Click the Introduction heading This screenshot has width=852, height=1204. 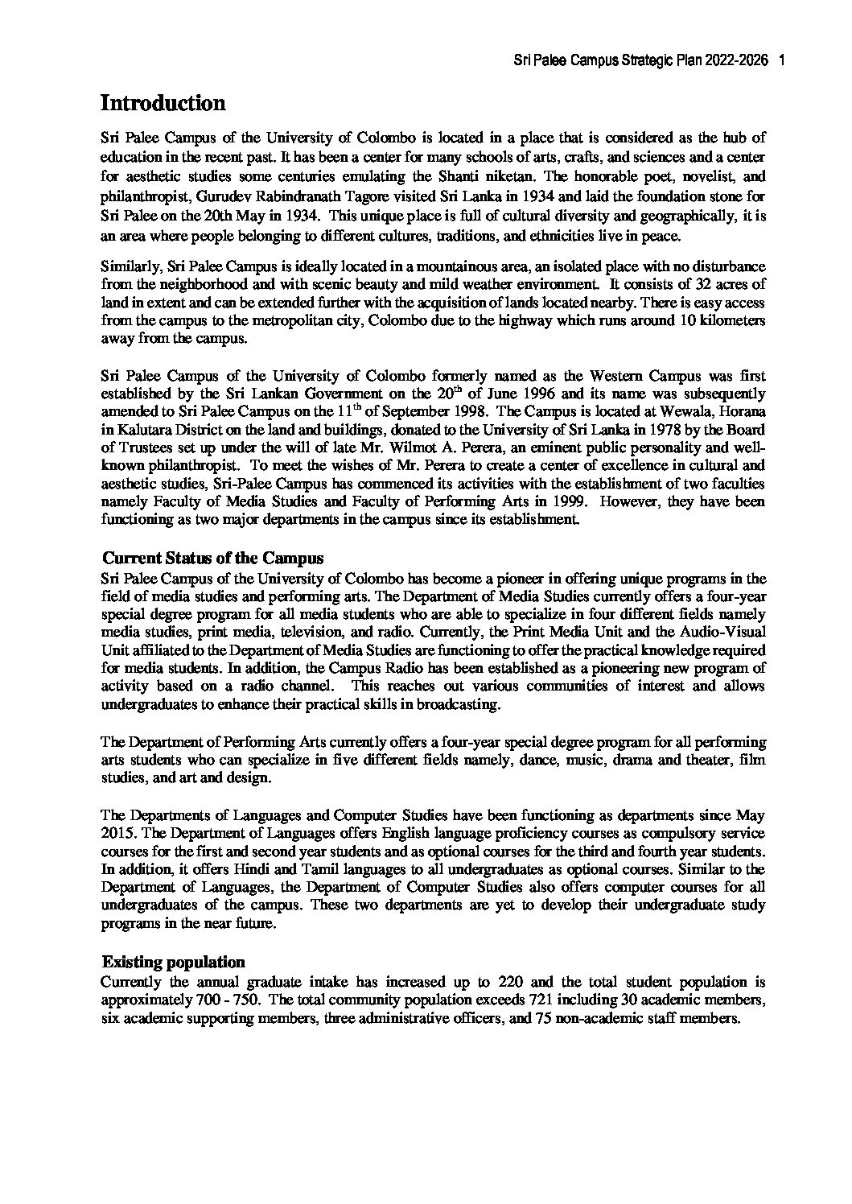(163, 104)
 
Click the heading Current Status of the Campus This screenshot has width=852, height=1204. (213, 558)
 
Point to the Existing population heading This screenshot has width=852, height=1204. (173, 962)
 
